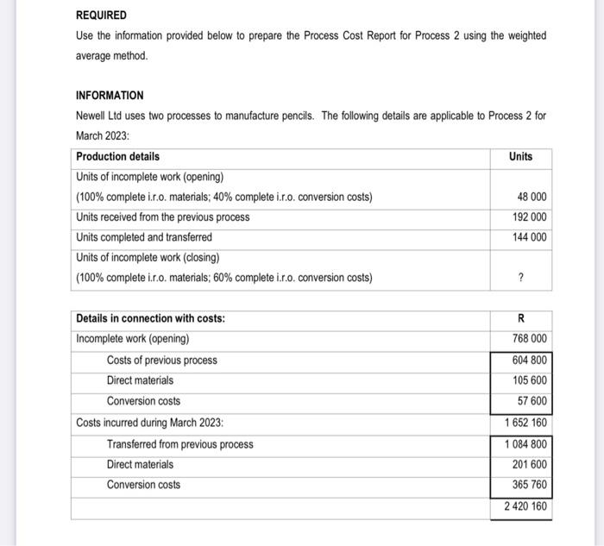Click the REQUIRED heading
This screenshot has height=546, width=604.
point(101,16)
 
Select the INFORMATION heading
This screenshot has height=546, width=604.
point(110,96)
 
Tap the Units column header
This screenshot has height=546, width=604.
point(520,156)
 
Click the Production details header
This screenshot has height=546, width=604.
point(117,156)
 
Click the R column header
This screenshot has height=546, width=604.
point(520,318)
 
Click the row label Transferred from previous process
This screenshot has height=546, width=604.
point(179,444)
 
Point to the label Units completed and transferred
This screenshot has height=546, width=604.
point(143,237)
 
